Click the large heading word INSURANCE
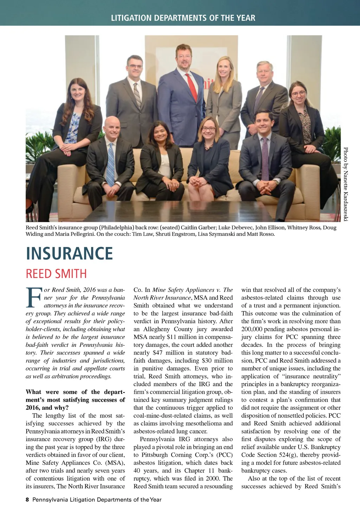point(69,254)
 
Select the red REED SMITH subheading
point(56,274)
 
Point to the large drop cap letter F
point(34,297)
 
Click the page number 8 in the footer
point(27,500)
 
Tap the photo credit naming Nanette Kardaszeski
point(346,184)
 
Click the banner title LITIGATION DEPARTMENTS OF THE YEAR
point(183,18)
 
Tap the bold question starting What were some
point(75,400)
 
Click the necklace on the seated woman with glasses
point(208,145)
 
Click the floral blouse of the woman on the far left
point(74,128)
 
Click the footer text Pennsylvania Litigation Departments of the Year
point(97,500)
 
